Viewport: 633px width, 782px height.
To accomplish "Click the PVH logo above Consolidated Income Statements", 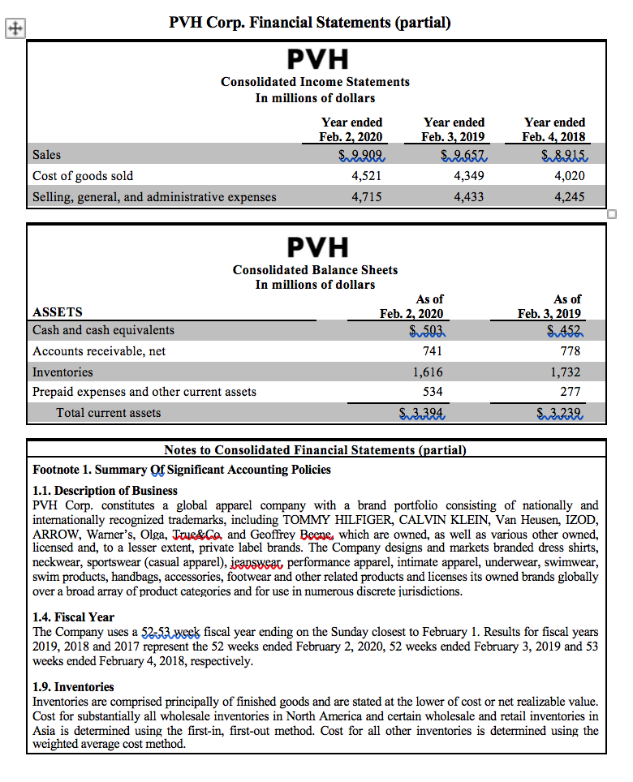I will pyautogui.click(x=317, y=59).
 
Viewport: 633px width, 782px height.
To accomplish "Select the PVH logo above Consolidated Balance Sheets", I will pyautogui.click(x=317, y=247).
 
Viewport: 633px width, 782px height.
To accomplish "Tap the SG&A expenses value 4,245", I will pyautogui.click(x=568, y=196).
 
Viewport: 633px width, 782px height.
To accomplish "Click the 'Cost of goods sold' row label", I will pyautogui.click(x=83, y=175).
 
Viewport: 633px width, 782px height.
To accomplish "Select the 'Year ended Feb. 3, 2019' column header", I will pyautogui.click(x=454, y=129).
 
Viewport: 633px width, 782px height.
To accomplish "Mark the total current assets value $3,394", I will pyautogui.click(x=421, y=413).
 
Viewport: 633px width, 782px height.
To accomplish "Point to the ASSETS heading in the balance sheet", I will pyautogui.click(x=58, y=312).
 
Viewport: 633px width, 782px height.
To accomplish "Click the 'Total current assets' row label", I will pyautogui.click(x=108, y=413).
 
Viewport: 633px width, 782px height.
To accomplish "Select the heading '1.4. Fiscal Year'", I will pyautogui.click(x=73, y=617).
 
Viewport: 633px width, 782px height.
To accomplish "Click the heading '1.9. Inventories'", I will pyautogui.click(x=74, y=686).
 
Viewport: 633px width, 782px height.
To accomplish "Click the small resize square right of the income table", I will pyautogui.click(x=612, y=214).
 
